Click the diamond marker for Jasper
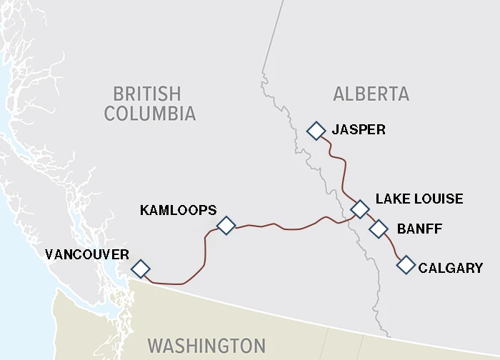(315, 131)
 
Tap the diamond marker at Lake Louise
(360, 209)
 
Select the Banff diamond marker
(378, 229)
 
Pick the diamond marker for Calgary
(406, 265)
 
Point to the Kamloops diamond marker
(226, 226)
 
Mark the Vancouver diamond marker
(141, 269)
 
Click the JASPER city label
(359, 130)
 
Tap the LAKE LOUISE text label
(419, 199)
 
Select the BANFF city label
(419, 229)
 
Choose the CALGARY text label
(451, 269)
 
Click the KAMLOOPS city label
(178, 210)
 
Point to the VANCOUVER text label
(86, 254)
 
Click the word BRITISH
(147, 94)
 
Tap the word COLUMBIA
(150, 114)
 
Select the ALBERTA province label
(371, 94)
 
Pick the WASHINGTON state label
(206, 346)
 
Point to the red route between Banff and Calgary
(393, 247)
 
